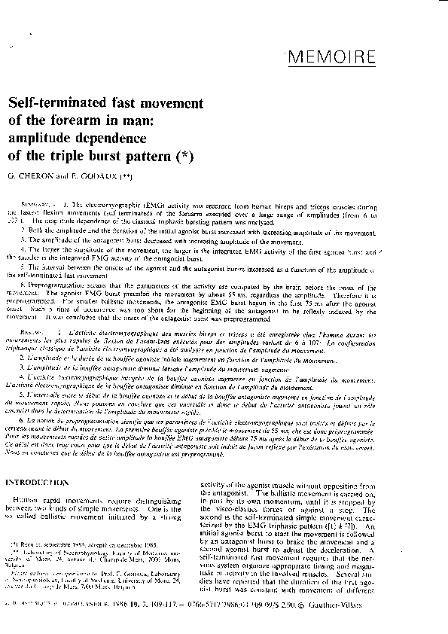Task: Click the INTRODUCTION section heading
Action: (44, 481)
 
